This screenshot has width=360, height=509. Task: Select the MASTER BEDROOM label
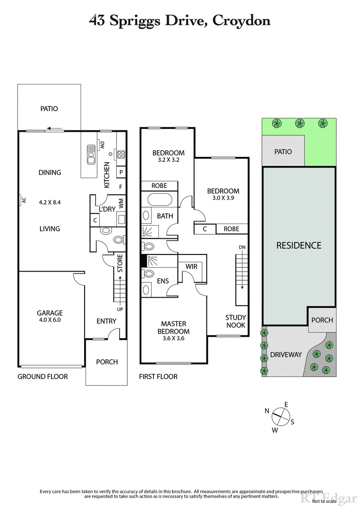point(174,327)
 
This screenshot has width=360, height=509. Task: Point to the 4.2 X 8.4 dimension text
point(49,202)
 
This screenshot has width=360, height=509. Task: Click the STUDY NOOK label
point(236,321)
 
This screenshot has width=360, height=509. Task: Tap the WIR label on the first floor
point(192,267)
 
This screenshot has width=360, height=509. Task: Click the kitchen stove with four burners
point(121,155)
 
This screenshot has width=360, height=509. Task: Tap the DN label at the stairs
point(242,248)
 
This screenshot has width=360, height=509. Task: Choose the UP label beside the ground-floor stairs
point(120,309)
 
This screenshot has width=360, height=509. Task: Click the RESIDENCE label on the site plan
point(299,246)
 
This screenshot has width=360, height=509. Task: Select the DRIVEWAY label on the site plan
point(286,355)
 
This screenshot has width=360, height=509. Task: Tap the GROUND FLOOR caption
point(43,376)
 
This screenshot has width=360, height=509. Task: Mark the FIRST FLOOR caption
point(158,376)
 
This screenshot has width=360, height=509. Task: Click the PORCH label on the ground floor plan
point(107,362)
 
